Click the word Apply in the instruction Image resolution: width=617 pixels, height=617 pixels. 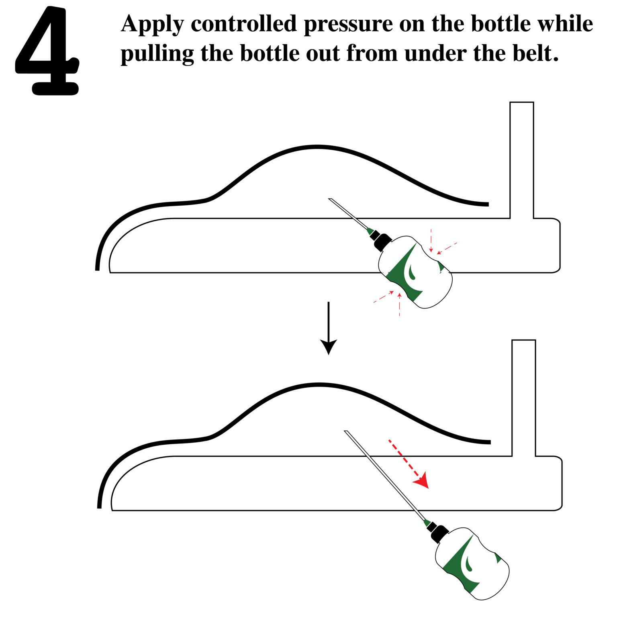151,24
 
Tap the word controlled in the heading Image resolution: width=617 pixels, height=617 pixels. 243,24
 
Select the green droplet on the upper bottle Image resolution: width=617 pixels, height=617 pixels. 412,271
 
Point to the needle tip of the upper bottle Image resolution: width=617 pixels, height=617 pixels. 330,199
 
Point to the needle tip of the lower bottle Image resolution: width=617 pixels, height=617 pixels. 346,432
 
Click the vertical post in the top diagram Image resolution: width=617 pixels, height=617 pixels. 521,161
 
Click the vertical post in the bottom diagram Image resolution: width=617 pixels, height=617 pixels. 523,398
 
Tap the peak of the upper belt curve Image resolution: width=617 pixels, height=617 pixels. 317,147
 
